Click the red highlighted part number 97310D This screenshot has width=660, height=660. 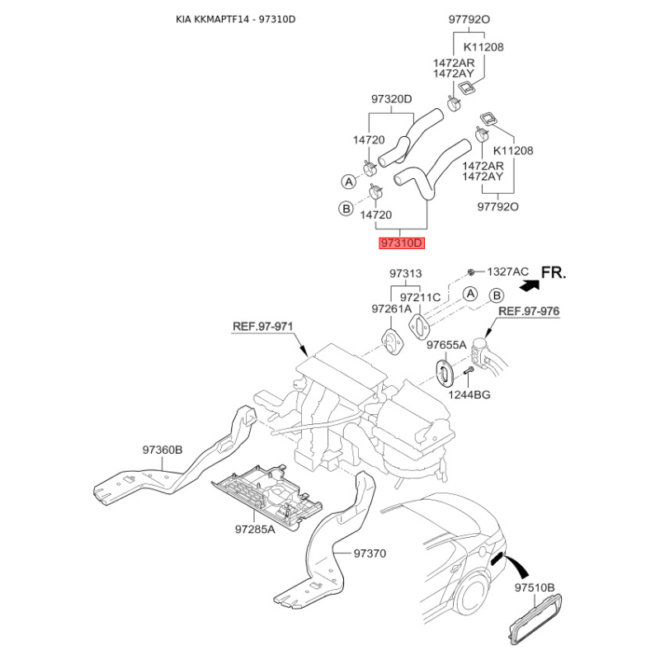click(402, 243)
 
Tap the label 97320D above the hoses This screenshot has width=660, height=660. click(391, 99)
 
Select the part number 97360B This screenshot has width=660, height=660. click(163, 450)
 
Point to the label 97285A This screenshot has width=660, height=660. click(255, 529)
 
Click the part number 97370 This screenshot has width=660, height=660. click(370, 553)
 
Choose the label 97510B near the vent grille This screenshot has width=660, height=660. click(535, 587)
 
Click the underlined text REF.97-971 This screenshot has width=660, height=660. click(262, 326)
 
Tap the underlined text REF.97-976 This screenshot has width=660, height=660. click(529, 311)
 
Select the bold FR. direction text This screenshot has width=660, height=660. click(553, 273)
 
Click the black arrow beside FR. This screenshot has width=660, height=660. click(530, 285)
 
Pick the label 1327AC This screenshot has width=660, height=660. click(507, 271)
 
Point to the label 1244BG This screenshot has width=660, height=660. click(469, 395)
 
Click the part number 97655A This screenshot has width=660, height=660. click(446, 345)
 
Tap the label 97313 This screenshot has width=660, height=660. click(405, 274)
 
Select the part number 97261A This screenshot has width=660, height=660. click(391, 309)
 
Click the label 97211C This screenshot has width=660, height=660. click(420, 298)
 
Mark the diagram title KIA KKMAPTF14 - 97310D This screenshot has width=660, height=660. click(236, 19)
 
